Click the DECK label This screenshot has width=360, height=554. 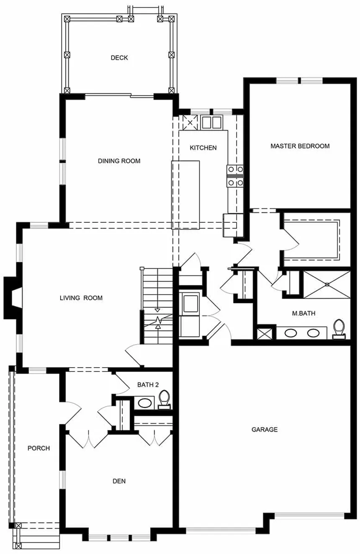(x=119, y=58)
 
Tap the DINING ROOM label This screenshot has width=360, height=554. (x=119, y=161)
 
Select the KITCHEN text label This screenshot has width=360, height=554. (x=203, y=148)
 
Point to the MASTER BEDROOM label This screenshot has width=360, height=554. (x=300, y=146)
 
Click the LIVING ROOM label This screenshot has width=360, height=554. (x=81, y=298)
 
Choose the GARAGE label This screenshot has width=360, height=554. (x=264, y=429)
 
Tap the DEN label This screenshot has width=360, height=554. (x=119, y=481)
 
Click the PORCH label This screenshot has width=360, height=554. (x=39, y=448)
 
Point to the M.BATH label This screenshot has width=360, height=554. (x=303, y=313)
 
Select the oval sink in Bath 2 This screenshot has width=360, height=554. (x=145, y=403)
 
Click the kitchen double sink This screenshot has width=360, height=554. (x=211, y=123)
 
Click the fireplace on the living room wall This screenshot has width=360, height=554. (x=13, y=298)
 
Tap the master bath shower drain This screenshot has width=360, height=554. (x=327, y=284)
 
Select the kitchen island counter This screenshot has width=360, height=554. (x=185, y=195)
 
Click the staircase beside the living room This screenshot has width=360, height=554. (x=158, y=306)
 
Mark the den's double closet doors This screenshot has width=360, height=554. (x=155, y=438)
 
